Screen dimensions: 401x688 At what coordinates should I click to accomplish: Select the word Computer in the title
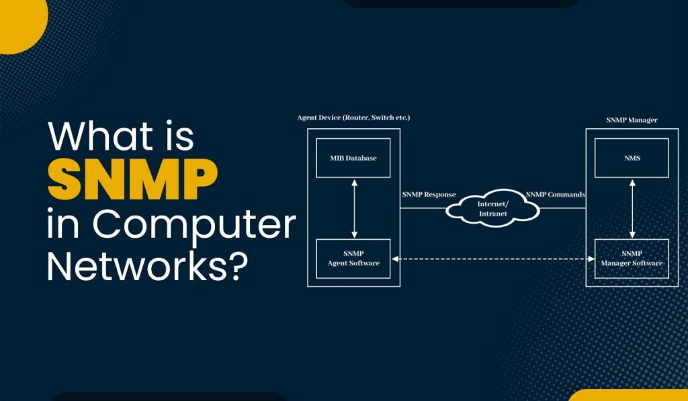click(x=195, y=224)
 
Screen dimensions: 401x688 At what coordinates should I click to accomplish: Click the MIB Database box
click(x=353, y=158)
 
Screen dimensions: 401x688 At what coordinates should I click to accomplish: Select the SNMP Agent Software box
click(x=353, y=259)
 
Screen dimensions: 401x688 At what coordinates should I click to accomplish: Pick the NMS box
click(x=632, y=158)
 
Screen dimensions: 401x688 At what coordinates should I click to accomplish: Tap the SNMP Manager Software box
click(x=632, y=259)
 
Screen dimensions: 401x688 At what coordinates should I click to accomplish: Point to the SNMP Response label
click(x=429, y=195)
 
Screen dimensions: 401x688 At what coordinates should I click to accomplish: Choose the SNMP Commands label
click(x=555, y=195)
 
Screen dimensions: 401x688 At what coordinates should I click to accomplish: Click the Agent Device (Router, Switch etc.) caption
click(x=353, y=118)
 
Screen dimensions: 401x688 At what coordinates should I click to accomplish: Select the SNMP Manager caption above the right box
click(x=632, y=120)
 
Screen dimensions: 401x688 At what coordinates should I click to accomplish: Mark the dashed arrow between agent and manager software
click(x=492, y=259)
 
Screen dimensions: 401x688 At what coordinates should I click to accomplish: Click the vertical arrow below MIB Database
click(x=353, y=208)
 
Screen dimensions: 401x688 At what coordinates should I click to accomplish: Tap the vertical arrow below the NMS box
click(x=632, y=208)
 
